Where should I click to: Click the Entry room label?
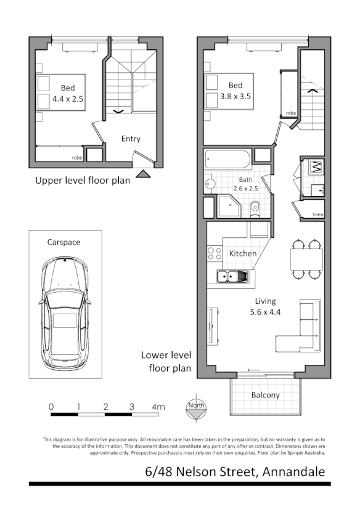click(131, 139)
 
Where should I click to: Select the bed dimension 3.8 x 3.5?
click(235, 96)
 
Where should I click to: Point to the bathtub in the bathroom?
click(227, 160)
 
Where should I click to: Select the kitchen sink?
click(231, 277)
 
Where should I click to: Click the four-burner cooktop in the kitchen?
click(215, 253)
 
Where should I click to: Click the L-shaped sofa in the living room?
click(300, 327)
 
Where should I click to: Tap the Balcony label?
click(266, 395)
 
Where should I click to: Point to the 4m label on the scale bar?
click(158, 407)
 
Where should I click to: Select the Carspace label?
click(64, 242)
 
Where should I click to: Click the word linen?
click(317, 214)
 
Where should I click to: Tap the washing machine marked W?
click(315, 166)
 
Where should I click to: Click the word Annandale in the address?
click(292, 472)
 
